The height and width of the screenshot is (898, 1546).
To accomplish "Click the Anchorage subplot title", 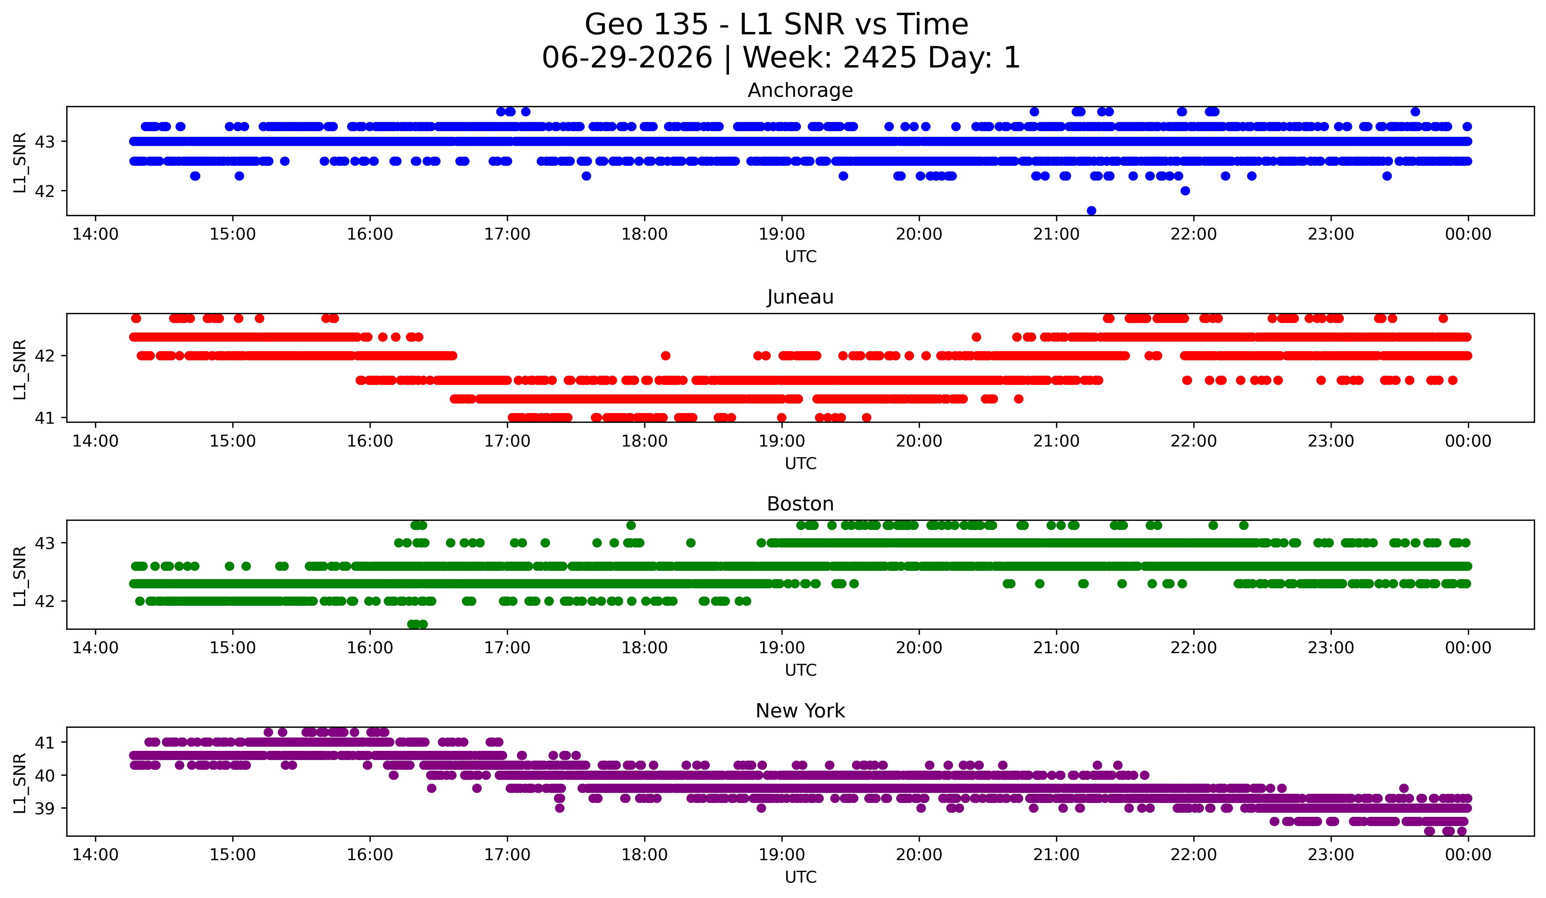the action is [800, 90].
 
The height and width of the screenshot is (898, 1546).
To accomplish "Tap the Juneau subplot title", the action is [800, 297].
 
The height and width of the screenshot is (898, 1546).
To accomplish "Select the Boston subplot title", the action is [800, 504].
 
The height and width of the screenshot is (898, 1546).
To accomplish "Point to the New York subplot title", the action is [800, 711].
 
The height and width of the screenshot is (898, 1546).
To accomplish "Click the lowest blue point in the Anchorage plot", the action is [1092, 211].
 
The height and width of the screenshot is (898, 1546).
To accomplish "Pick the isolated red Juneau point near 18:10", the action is [666, 355].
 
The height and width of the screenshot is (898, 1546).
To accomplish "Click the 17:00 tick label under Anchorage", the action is [507, 234].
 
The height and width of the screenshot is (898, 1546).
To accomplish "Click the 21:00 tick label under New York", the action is [1056, 854].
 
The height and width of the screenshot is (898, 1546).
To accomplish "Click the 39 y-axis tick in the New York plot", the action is [45, 808].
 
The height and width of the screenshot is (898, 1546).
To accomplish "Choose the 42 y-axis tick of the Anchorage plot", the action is [45, 191].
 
